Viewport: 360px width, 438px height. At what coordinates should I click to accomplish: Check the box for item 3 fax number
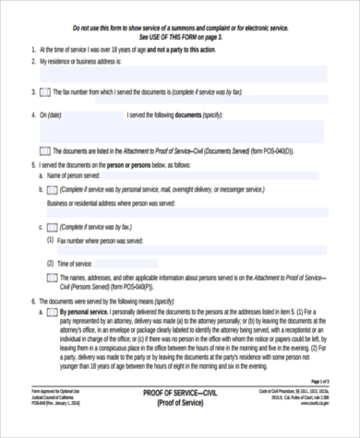45,93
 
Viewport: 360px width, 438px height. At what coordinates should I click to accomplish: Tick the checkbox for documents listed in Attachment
45,149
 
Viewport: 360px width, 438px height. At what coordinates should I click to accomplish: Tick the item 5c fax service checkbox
53,226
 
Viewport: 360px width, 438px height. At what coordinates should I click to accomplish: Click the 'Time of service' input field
203,263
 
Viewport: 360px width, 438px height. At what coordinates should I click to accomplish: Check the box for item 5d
53,277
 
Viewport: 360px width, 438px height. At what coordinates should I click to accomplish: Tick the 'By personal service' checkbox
53,313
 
